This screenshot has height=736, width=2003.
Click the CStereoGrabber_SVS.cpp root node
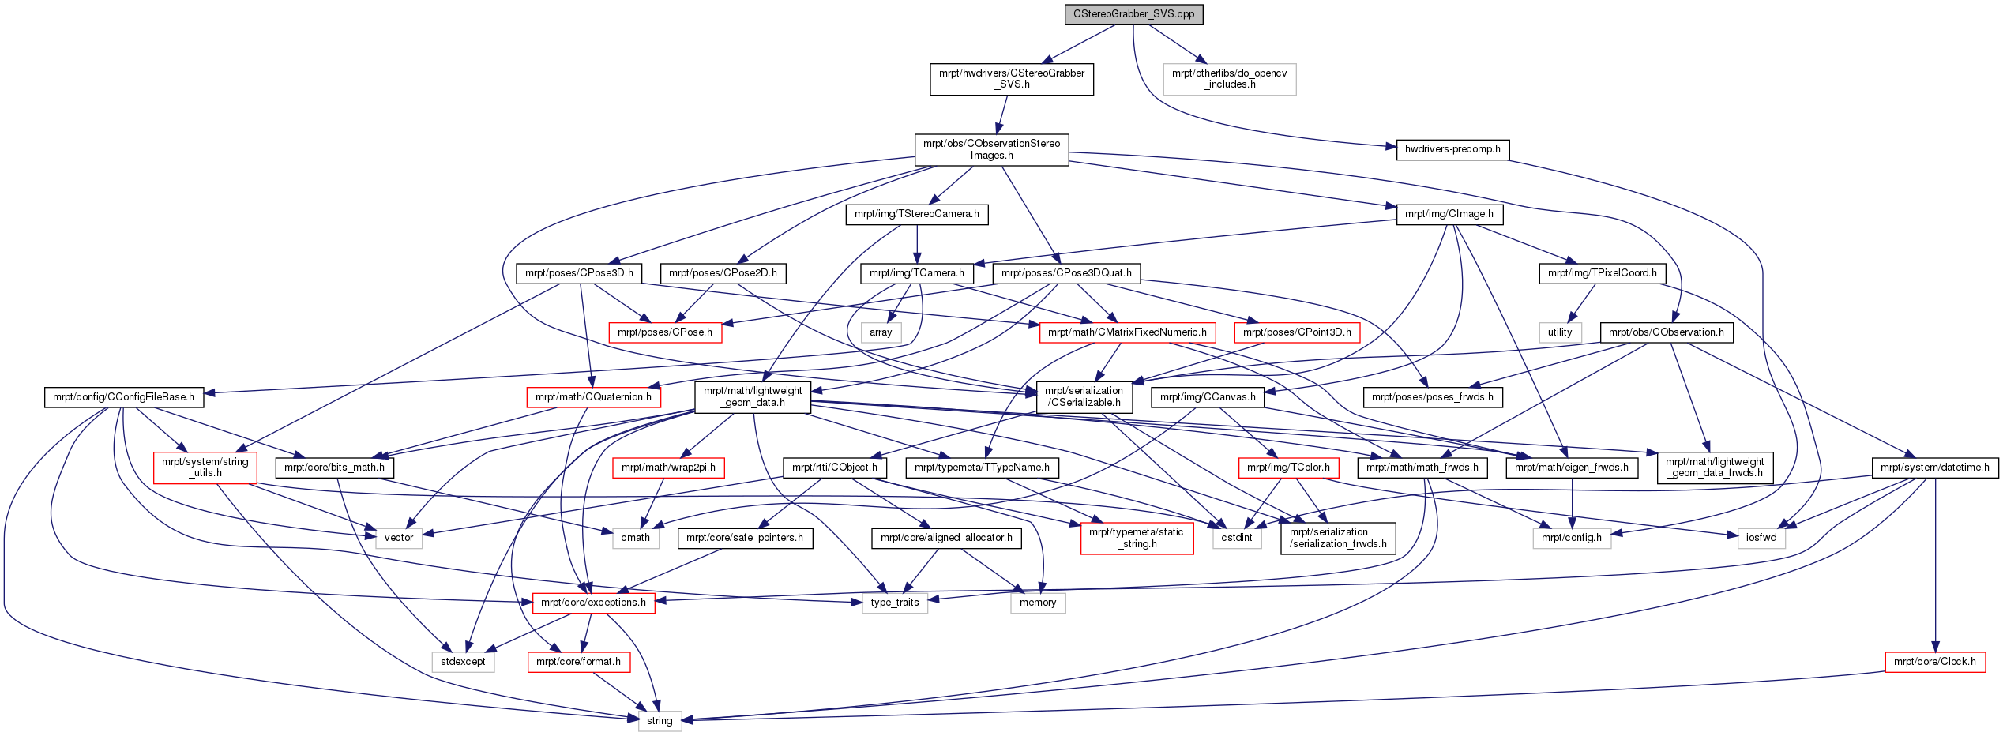tap(1133, 14)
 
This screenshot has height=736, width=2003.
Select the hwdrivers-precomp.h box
tap(1452, 149)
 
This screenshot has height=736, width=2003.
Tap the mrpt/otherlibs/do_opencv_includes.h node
tap(1230, 79)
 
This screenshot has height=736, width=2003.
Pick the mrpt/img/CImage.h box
tap(1449, 214)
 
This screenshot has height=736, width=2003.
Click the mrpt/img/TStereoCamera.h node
tap(917, 214)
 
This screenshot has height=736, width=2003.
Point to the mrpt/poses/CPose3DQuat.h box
tap(1066, 273)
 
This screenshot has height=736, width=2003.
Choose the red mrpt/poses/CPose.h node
tap(665, 332)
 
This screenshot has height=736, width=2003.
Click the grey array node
tap(881, 332)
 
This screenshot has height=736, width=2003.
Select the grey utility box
tap(1560, 332)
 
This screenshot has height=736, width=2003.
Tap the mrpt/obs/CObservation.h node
tap(1667, 332)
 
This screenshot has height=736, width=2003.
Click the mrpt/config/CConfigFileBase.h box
tap(124, 397)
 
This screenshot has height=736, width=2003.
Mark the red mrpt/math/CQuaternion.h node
tap(593, 397)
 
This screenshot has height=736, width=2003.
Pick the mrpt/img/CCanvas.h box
tap(1208, 397)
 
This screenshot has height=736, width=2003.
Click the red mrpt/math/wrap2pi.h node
tap(668, 468)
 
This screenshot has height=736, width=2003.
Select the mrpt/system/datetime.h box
tap(1935, 468)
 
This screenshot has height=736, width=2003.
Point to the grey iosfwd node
tap(1761, 538)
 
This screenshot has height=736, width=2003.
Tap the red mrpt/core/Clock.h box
tap(1935, 662)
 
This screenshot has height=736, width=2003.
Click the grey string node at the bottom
tap(660, 721)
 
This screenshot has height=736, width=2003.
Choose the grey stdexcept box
tap(463, 662)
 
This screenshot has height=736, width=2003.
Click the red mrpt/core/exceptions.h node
tap(593, 603)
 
